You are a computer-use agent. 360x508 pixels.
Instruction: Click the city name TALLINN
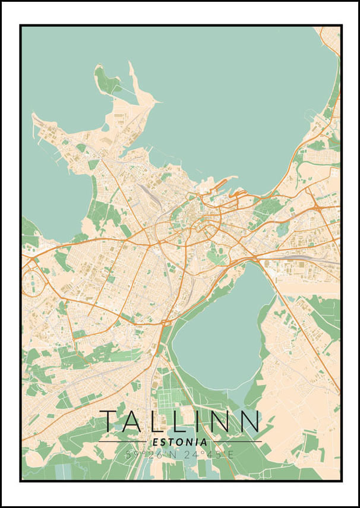click(179, 421)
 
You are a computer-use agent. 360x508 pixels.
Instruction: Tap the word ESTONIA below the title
click(180, 443)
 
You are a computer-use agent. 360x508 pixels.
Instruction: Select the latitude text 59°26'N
click(151, 455)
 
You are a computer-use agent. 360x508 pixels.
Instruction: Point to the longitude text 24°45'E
click(208, 455)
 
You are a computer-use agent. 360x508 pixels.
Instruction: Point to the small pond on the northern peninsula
click(105, 127)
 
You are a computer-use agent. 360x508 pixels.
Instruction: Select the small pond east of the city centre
click(282, 229)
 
